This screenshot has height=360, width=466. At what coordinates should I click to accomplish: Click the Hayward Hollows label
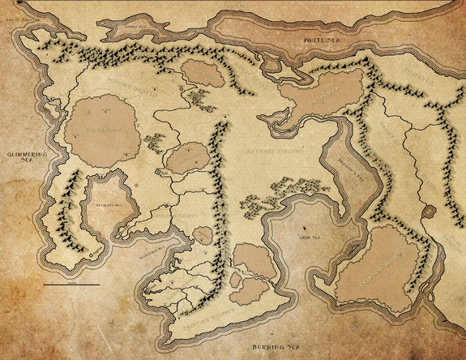273,151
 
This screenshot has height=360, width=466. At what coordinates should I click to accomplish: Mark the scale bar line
71,285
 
